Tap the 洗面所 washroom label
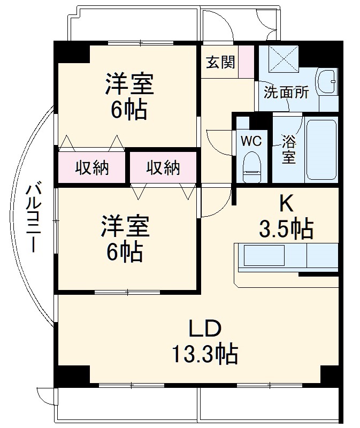click(286, 92)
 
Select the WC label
click(250, 141)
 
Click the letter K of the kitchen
click(287, 203)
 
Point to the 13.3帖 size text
click(204, 354)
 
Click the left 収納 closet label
click(91, 168)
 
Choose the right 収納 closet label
click(163, 168)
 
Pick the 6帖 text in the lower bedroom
click(125, 251)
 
